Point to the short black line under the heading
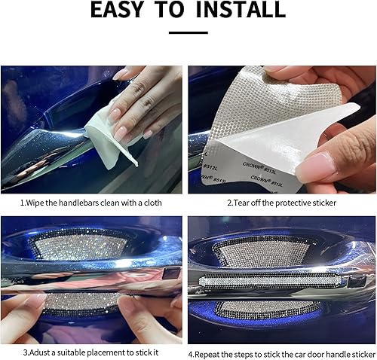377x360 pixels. coord(188,32)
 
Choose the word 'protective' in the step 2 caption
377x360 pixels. coord(294,203)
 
